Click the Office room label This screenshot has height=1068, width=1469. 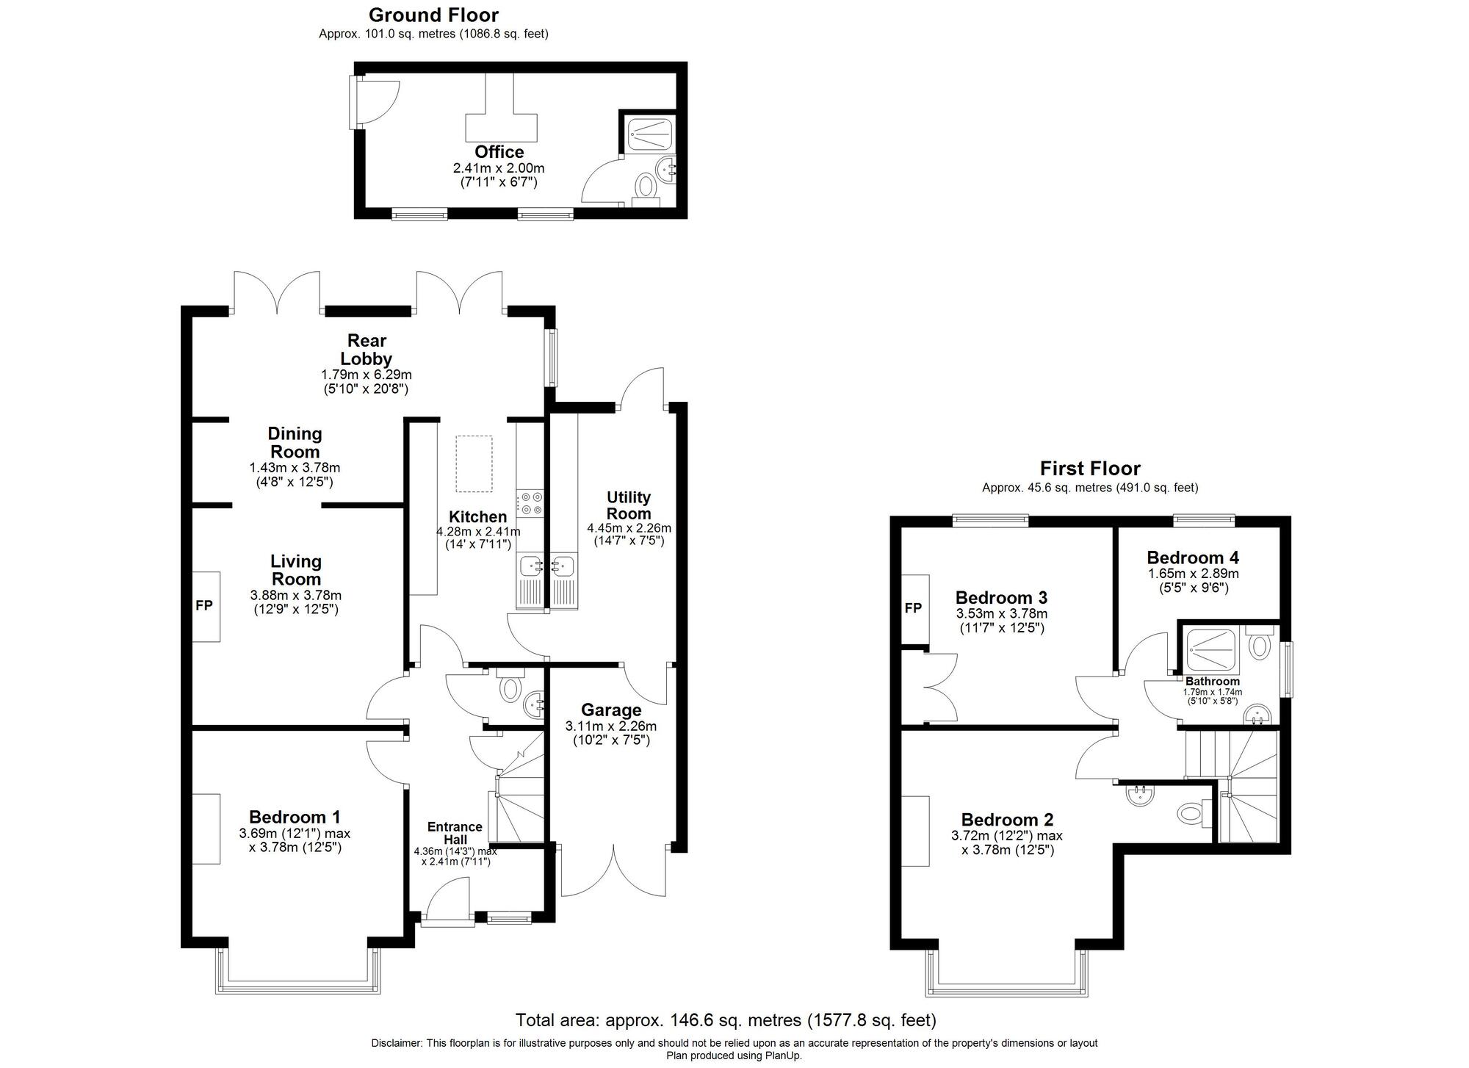499,152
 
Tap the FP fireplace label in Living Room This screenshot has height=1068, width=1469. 203,605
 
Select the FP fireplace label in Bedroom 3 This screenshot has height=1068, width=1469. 912,608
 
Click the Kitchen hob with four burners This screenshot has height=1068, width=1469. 530,503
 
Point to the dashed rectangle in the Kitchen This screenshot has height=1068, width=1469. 474,463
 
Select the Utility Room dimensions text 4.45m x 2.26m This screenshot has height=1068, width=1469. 629,527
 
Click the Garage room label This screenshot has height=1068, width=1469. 611,710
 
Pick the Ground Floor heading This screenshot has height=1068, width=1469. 433,15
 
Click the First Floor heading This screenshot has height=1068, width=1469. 1090,469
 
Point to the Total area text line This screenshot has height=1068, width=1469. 726,1020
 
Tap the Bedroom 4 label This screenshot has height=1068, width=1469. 1193,558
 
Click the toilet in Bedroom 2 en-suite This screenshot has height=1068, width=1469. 1189,813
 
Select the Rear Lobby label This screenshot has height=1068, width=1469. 367,350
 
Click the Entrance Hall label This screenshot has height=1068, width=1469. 455,833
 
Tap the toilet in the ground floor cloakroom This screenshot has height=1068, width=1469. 509,688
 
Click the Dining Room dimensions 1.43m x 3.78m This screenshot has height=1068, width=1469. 295,467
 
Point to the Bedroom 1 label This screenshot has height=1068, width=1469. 295,817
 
